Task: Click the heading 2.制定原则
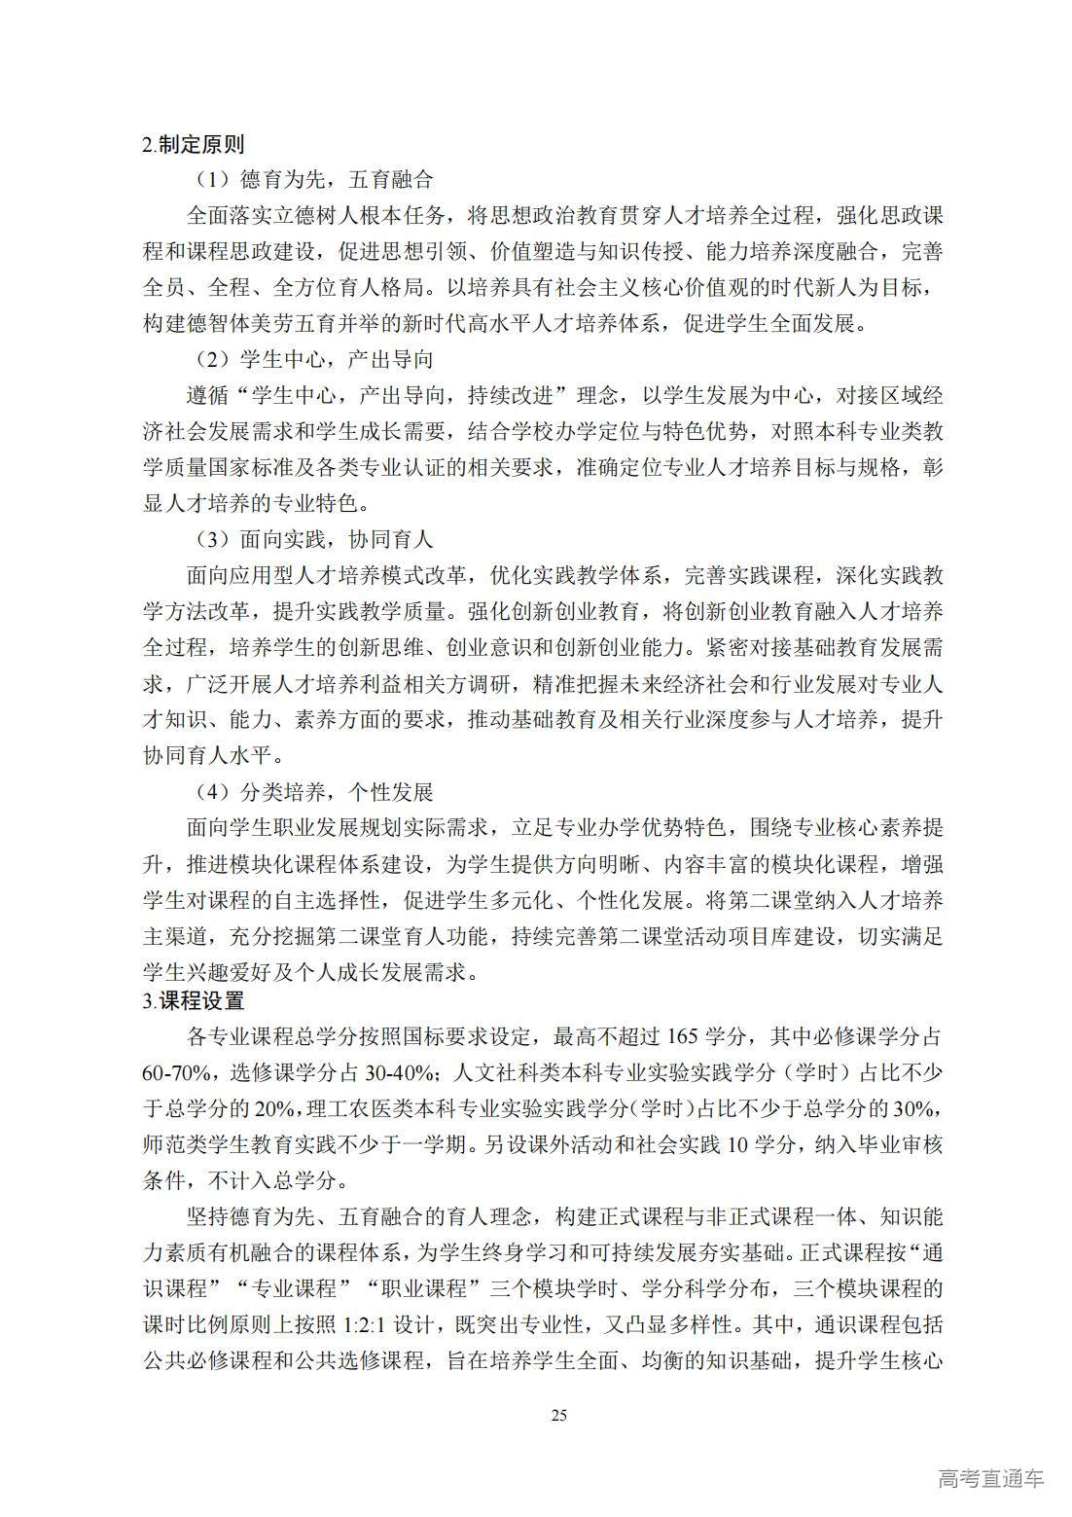[x=193, y=145]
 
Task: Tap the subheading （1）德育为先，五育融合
[x=310, y=180]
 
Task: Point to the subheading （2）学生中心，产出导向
[x=310, y=360]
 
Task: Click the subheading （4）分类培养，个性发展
[x=310, y=792]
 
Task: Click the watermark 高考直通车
[x=990, y=1479]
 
